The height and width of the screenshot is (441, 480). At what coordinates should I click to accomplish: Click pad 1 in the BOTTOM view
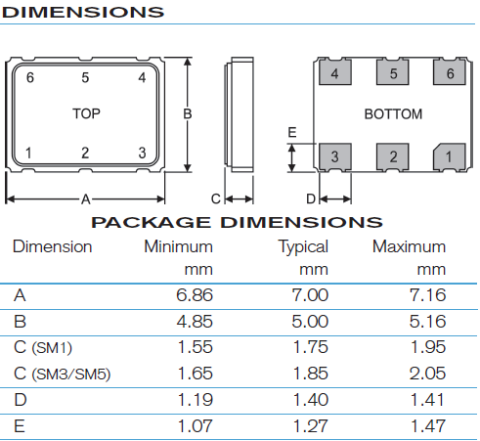[449, 156]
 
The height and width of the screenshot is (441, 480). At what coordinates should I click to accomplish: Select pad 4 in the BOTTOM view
[335, 71]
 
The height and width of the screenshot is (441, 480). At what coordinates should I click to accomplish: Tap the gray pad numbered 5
[393, 71]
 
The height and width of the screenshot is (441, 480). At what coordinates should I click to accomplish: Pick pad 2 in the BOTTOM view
[393, 156]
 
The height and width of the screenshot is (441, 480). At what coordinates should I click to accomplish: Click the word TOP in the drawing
[86, 113]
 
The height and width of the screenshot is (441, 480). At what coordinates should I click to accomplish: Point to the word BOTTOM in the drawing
[393, 114]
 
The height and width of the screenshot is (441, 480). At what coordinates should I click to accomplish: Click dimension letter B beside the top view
[188, 113]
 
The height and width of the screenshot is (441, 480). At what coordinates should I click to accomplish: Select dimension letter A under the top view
[86, 199]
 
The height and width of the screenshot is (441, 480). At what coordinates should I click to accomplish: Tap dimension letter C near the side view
[216, 198]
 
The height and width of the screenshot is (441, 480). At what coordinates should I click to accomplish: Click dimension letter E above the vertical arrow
[292, 132]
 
